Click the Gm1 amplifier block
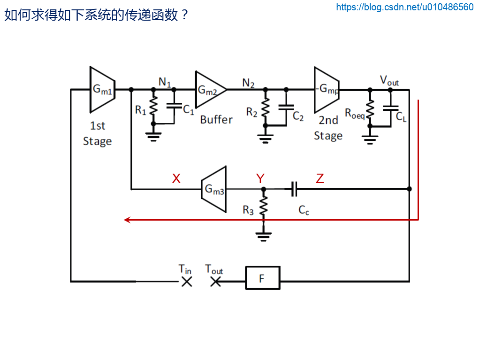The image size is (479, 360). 102,89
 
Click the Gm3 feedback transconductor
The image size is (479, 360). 214,189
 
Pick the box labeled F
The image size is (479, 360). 262,278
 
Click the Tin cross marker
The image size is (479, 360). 187,282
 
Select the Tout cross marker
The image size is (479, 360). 215,282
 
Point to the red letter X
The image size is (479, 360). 176,178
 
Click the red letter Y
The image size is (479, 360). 260,178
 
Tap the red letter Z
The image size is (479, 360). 319,178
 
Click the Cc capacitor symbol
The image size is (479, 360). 294,189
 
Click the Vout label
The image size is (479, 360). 389,80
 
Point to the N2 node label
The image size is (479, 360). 248,83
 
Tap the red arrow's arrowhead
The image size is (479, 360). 127,220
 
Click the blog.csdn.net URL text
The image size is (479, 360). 405,7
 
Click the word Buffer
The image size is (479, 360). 216,119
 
